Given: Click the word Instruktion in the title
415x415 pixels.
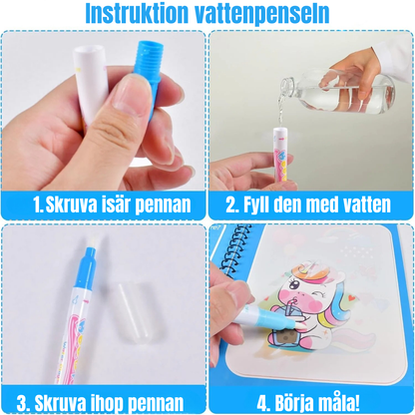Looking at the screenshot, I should (139, 15).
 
